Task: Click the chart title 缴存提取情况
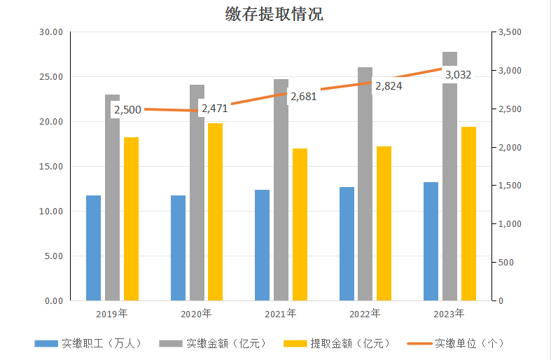point(274,14)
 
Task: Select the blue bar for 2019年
point(93,248)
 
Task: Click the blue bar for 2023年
point(431,241)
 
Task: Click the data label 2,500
point(127,110)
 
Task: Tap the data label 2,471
point(215,109)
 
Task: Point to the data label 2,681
point(303,97)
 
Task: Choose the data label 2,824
point(388,86)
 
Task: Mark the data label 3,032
point(458,74)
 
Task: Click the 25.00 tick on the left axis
point(53,77)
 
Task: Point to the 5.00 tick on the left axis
point(55,256)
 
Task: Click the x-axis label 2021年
point(281,313)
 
